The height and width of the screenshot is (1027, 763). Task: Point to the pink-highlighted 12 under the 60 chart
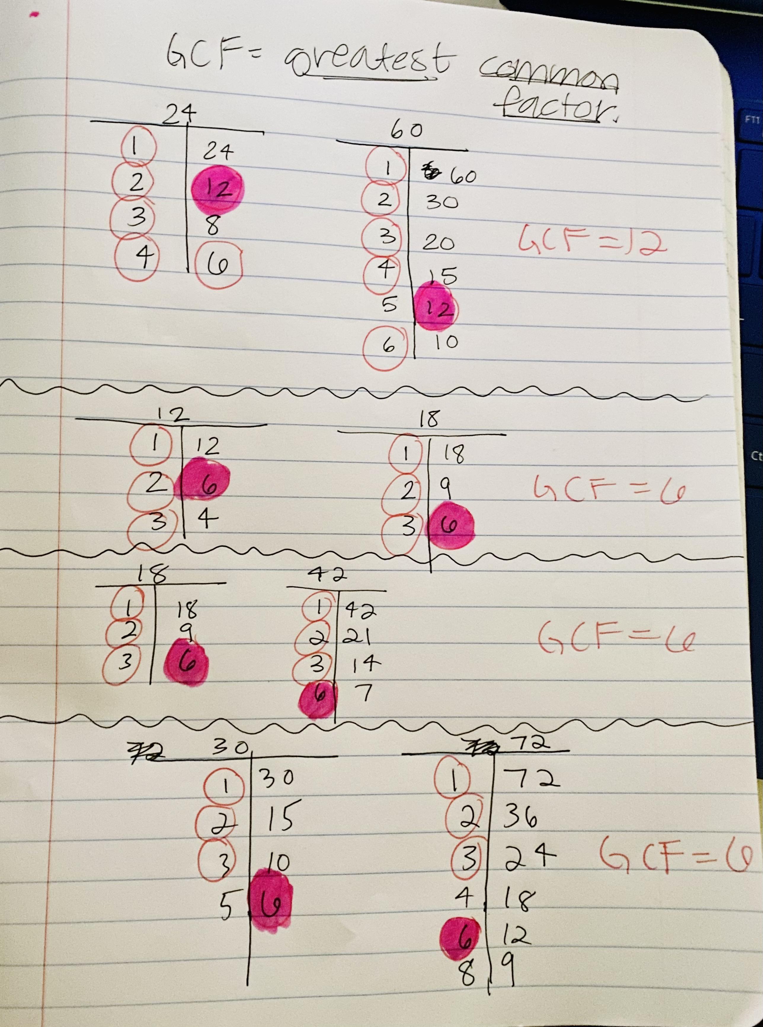coord(434,308)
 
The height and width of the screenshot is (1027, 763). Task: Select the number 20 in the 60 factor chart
coord(438,243)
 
